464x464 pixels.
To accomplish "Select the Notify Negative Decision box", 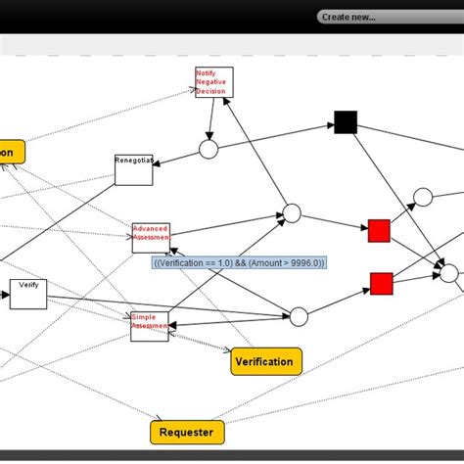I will pyautogui.click(x=213, y=82).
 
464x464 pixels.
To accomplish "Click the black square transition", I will pyautogui.click(x=345, y=122).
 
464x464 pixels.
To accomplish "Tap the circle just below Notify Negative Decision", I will pyautogui.click(x=209, y=149).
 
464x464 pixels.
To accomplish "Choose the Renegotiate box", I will pyautogui.click(x=133, y=169).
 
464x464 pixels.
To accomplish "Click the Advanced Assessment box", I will pyautogui.click(x=151, y=237).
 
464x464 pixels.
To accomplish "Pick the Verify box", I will pyautogui.click(x=28, y=294).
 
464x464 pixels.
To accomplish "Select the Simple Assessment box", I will pyautogui.click(x=150, y=326).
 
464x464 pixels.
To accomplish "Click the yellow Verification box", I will pyautogui.click(x=266, y=361).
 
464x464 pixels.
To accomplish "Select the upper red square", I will pyautogui.click(x=379, y=231).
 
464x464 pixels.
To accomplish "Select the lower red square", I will pyautogui.click(x=381, y=284).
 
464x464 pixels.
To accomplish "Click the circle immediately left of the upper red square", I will pyautogui.click(x=291, y=214).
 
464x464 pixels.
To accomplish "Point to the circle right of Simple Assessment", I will pyautogui.click(x=299, y=316).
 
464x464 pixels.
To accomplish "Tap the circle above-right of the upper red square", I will pyautogui.click(x=422, y=198).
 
